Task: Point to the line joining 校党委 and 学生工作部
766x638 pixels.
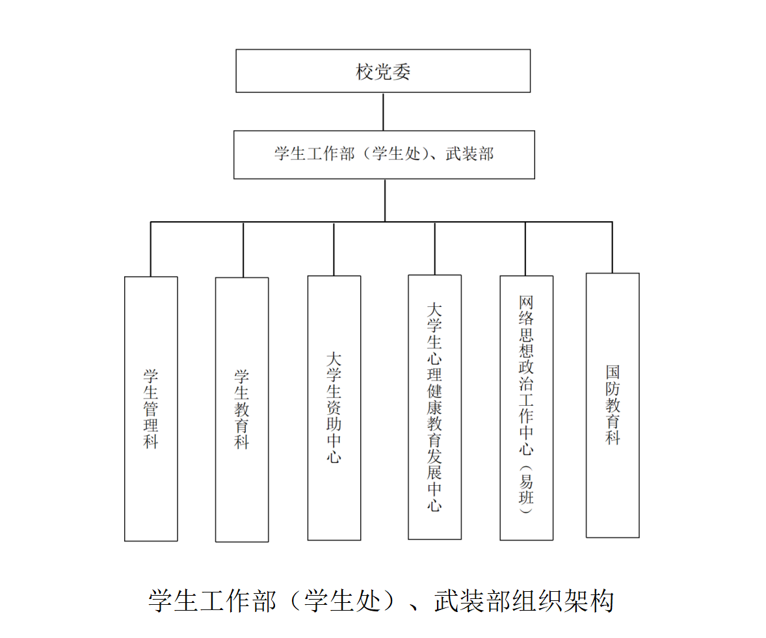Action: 383,111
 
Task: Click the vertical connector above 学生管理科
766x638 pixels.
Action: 150,249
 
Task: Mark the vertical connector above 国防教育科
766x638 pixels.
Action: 612,247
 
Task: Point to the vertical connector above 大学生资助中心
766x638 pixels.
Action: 334,248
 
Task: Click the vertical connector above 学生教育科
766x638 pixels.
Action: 243,250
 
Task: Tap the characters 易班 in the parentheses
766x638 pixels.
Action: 526,490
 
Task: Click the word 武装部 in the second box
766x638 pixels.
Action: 469,154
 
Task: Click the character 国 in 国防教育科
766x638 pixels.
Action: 613,372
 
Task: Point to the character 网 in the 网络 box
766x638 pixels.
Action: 526,302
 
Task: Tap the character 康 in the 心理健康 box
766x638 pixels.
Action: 434,407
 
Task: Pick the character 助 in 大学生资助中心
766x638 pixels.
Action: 334,423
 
